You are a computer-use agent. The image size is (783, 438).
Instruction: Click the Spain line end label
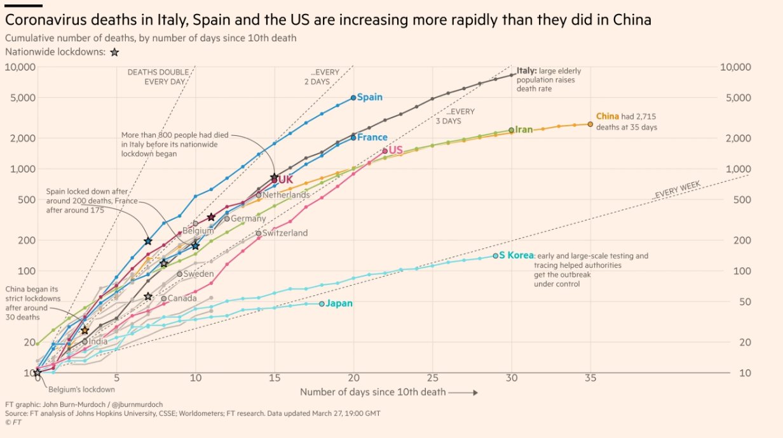[369, 97]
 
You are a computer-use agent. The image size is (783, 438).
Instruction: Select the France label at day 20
[372, 137]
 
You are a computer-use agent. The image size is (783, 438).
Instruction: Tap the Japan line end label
[339, 303]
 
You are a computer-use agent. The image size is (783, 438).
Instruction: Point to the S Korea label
[516, 256]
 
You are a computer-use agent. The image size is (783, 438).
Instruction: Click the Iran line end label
[524, 129]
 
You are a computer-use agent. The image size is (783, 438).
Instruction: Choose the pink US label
[395, 150]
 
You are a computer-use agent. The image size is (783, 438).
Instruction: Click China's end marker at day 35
[590, 124]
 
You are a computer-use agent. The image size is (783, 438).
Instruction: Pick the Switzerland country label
[285, 233]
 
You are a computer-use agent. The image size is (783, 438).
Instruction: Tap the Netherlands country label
[286, 195]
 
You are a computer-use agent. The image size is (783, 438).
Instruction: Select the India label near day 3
[98, 342]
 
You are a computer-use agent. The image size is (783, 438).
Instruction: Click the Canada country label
[182, 298]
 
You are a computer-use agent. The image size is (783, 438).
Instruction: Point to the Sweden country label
[198, 274]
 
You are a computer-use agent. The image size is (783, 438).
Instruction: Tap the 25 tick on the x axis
[432, 378]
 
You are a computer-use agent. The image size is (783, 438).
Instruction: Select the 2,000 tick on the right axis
[739, 138]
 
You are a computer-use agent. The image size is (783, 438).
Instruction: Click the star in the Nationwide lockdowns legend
[114, 53]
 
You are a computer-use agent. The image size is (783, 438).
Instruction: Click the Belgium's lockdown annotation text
[81, 389]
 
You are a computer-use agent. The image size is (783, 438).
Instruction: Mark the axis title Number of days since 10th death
[372, 392]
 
